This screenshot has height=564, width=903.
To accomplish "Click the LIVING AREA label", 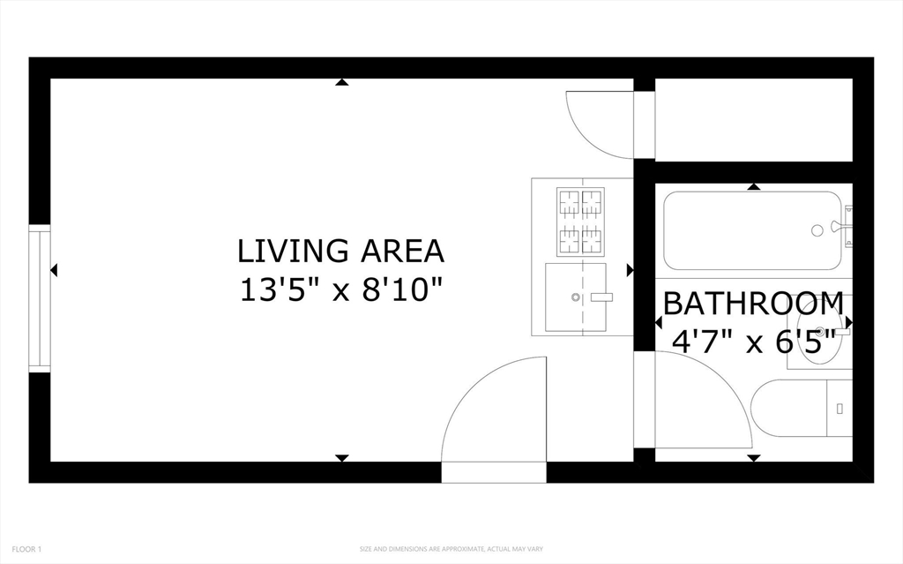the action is (341, 251).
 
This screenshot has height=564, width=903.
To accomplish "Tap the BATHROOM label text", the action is (753, 304).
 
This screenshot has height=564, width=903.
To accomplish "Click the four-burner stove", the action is (580, 222).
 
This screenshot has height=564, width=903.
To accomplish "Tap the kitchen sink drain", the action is (575, 297).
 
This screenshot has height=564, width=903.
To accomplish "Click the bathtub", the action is (753, 230).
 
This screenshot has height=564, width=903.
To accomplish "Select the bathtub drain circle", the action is (817, 230).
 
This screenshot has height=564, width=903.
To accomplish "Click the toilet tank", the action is (840, 409).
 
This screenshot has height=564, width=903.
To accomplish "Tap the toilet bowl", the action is (788, 409).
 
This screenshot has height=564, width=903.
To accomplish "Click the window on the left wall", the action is (40, 298).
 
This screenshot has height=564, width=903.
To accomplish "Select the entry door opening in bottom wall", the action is (494, 472).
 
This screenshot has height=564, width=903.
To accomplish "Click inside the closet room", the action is (754, 120).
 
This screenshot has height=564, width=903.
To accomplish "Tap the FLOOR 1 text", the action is (26, 549).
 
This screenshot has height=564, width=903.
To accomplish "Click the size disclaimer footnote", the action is (451, 549).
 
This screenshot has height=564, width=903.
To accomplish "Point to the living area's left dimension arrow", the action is (54, 269).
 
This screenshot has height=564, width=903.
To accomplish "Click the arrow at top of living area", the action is (342, 82).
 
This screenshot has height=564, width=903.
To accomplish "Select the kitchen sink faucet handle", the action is (601, 297).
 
